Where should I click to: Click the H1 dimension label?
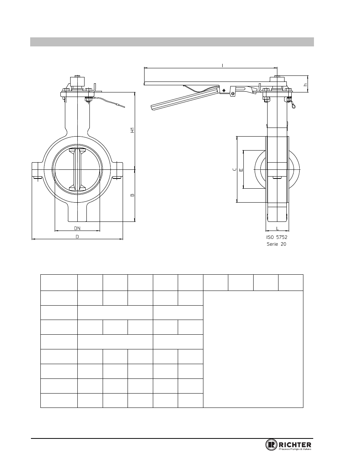click(x=132, y=130)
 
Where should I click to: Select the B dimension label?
click(x=132, y=195)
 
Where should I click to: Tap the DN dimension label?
click(x=77, y=228)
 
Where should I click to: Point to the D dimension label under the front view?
click(x=77, y=237)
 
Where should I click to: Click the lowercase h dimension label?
click(x=305, y=85)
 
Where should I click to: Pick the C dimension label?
click(x=235, y=169)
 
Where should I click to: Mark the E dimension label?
click(x=241, y=170)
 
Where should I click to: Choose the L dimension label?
click(x=277, y=228)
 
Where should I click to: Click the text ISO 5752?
click(x=277, y=237)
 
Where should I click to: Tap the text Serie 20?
click(x=276, y=244)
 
